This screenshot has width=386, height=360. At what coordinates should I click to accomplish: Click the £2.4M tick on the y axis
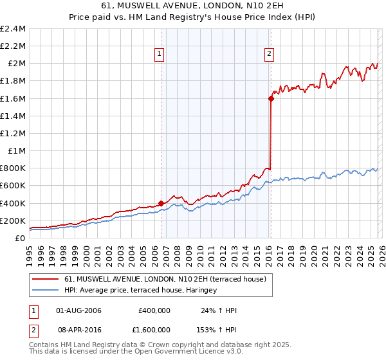(13, 29)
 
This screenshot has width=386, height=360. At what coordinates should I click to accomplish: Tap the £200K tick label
(13, 221)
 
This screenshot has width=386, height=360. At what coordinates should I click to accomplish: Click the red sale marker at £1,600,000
(271, 98)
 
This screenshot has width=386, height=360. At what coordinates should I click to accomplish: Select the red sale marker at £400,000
(161, 203)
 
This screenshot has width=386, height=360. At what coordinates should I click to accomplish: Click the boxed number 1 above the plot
(159, 55)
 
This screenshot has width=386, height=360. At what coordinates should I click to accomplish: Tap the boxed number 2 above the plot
(268, 55)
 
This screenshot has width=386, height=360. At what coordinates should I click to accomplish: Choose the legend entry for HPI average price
(140, 291)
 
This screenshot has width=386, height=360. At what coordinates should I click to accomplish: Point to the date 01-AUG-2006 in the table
(79, 310)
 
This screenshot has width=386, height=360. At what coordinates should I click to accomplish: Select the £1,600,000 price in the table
(154, 328)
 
